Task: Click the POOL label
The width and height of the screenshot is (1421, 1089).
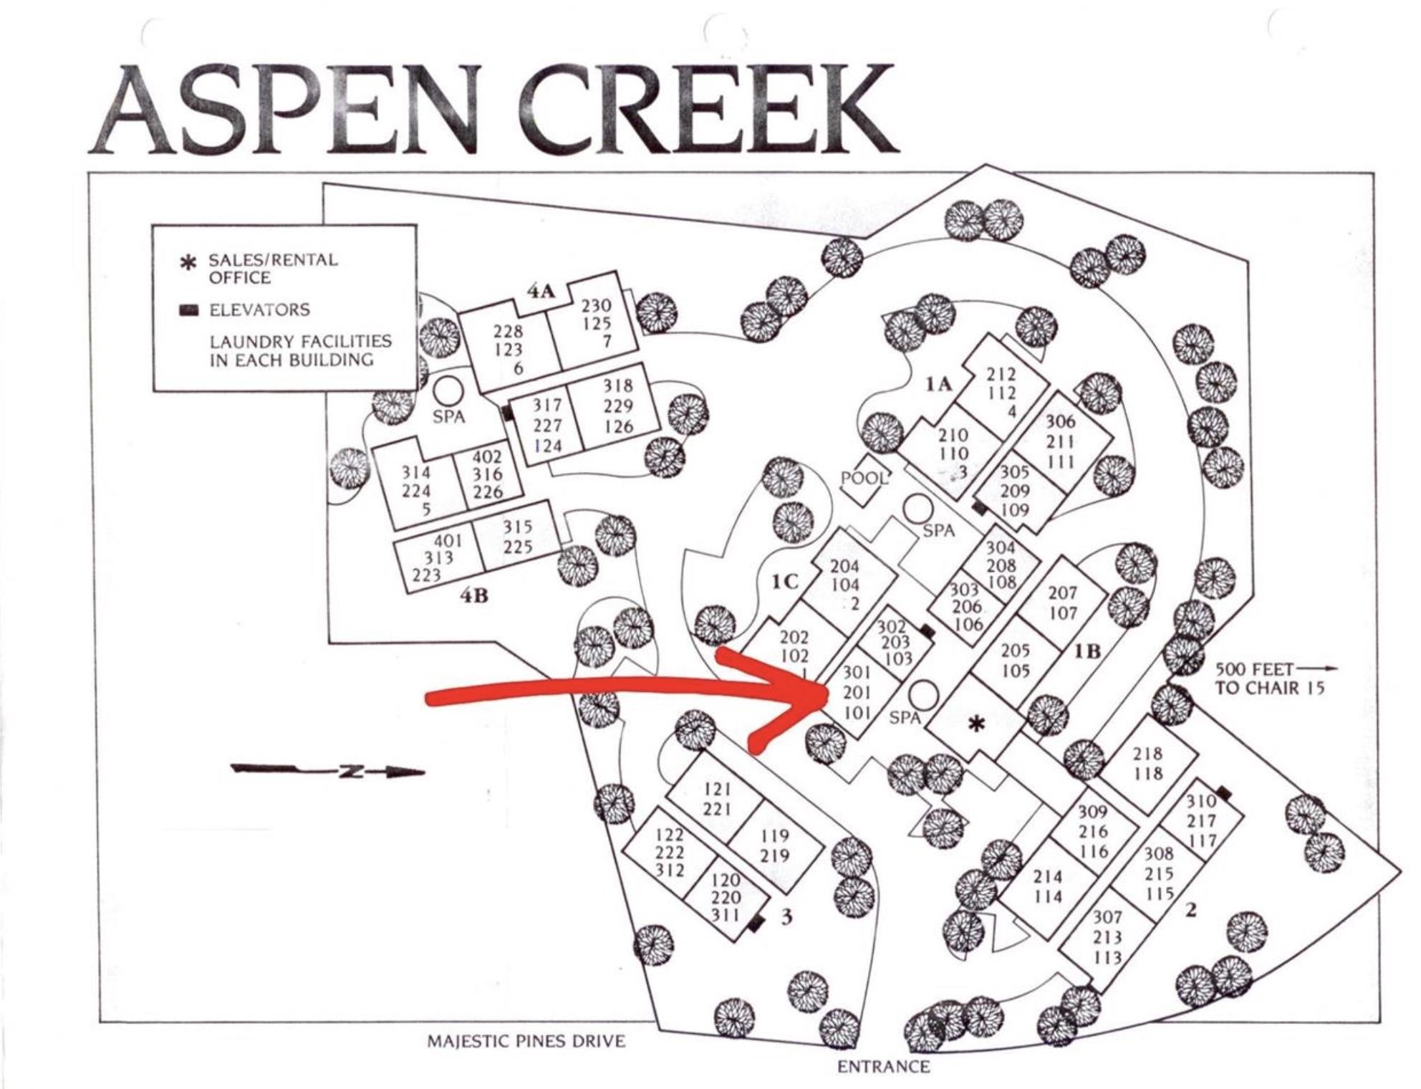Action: [x=864, y=478]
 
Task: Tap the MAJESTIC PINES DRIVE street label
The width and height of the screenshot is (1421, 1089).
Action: [x=526, y=1041]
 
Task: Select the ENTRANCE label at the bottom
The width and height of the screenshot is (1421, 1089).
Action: [x=883, y=1067]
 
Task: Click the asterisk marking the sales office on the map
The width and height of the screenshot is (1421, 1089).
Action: [x=976, y=725]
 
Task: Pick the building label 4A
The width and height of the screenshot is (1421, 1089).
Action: [x=541, y=291]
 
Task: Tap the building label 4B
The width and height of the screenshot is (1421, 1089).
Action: [x=474, y=595]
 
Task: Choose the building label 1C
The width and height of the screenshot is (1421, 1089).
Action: [x=785, y=581]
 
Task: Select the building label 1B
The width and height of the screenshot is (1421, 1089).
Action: [x=1087, y=651]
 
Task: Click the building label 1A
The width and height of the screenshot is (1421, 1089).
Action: [x=938, y=385]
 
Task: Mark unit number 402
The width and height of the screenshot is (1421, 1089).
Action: [x=487, y=456]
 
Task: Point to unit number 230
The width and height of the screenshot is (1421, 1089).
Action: [x=596, y=306]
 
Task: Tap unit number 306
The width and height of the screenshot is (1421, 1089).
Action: [x=1060, y=421]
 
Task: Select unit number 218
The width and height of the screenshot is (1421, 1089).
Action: [x=1147, y=754]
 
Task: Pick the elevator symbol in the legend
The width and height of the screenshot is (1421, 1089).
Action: [x=189, y=310]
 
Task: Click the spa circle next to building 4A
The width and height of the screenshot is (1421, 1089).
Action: [x=448, y=391]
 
